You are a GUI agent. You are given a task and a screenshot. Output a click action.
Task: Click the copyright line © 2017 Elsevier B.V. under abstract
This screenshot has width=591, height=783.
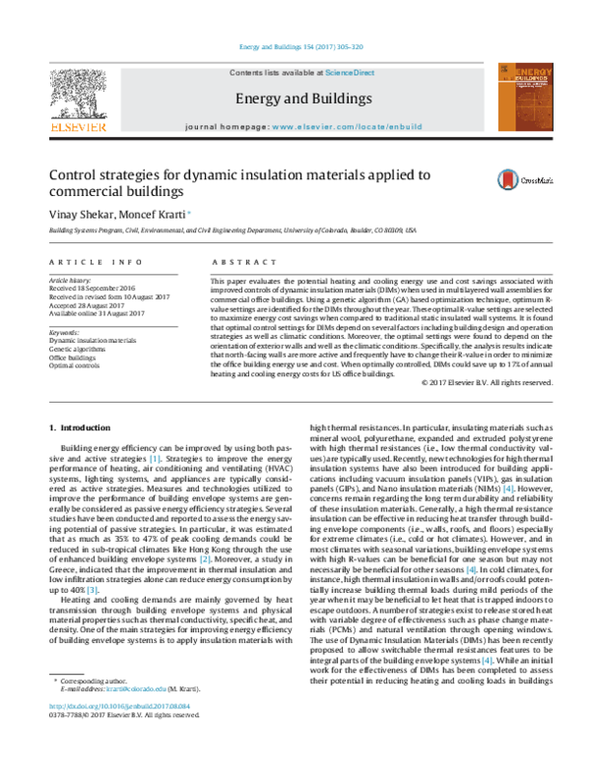487,382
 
